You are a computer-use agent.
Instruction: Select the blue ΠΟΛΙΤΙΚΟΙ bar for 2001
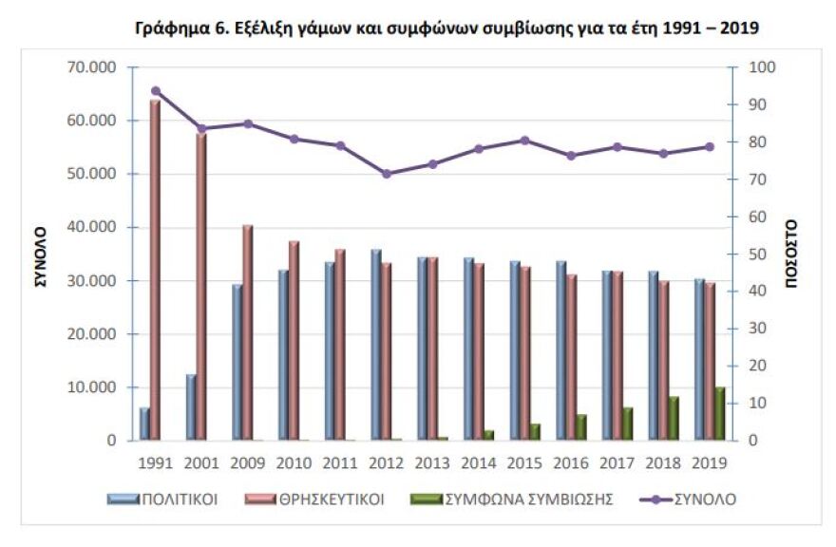pos(191,407)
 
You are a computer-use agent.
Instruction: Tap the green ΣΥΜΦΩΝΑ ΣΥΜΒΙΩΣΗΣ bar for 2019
pos(720,414)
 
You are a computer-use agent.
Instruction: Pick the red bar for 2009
pos(247,332)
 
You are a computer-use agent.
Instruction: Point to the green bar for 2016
pos(580,427)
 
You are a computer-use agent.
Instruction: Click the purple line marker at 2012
pos(386,174)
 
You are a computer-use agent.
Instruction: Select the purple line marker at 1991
pos(155,91)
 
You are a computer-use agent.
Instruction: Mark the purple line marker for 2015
pos(524,141)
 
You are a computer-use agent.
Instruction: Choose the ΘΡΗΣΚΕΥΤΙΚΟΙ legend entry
pos(314,499)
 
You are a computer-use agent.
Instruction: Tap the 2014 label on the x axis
pos(478,464)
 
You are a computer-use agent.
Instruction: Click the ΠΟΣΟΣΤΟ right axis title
pos(791,255)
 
